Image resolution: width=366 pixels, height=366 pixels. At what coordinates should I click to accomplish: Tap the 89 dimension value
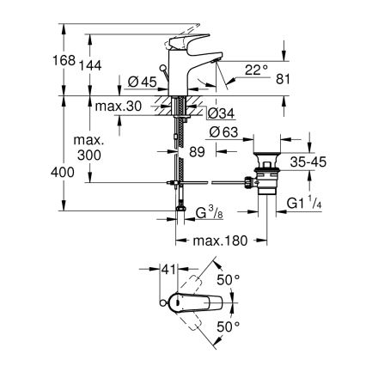tap(198, 152)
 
